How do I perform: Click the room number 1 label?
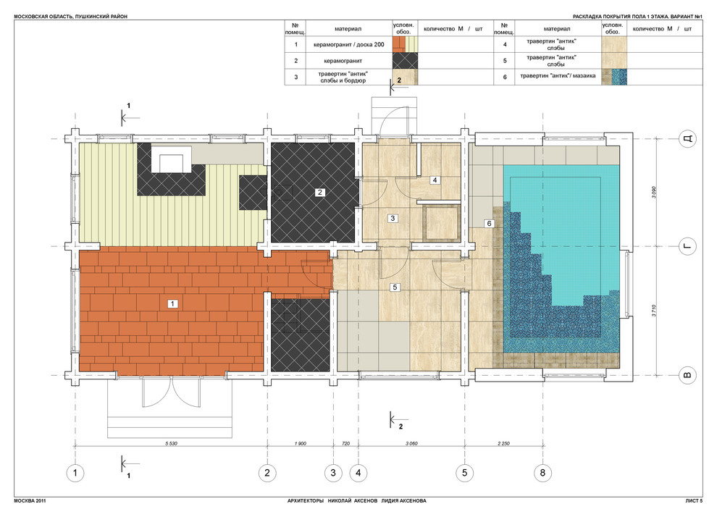pyautogui.click(x=172, y=303)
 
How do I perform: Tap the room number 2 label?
pyautogui.click(x=319, y=193)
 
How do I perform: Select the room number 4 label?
pyautogui.click(x=435, y=180)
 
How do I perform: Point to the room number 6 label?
pyautogui.click(x=490, y=224)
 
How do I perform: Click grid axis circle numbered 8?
pyautogui.click(x=542, y=472)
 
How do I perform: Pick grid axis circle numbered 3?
pyautogui.click(x=333, y=472)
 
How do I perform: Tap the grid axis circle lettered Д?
pyautogui.click(x=687, y=138)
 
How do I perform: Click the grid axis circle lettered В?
pyautogui.click(x=687, y=376)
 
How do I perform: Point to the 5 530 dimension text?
pyautogui.click(x=171, y=443)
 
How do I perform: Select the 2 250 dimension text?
pyautogui.click(x=503, y=443)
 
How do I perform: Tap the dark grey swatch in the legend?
pyautogui.click(x=405, y=61)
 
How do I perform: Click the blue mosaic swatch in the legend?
pyautogui.click(x=620, y=77)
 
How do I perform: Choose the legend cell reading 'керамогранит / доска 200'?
pyautogui.click(x=349, y=45)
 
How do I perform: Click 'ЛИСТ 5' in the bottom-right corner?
pyautogui.click(x=694, y=500)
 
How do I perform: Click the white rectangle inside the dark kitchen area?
pyautogui.click(x=171, y=159)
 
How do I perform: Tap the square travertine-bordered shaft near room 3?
pyautogui.click(x=443, y=223)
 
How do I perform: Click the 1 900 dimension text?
pyautogui.click(x=301, y=443)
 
